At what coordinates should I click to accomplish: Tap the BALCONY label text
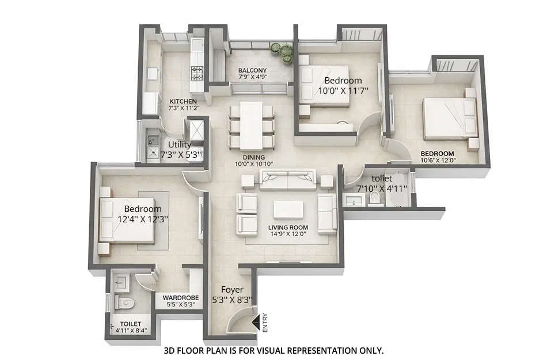(x=252, y=71)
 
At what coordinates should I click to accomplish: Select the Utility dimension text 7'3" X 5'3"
(x=181, y=155)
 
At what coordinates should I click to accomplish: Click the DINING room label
(x=253, y=157)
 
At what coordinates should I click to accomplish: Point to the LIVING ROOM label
(x=287, y=228)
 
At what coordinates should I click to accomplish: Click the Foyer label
(x=232, y=289)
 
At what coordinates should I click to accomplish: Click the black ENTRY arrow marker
(x=256, y=316)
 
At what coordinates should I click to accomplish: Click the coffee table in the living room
(x=288, y=209)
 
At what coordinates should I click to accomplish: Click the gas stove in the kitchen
(x=197, y=73)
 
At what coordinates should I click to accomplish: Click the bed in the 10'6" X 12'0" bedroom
(x=449, y=119)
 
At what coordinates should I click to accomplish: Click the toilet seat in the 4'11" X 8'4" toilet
(x=124, y=302)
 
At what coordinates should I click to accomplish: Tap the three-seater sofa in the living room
(x=287, y=180)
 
